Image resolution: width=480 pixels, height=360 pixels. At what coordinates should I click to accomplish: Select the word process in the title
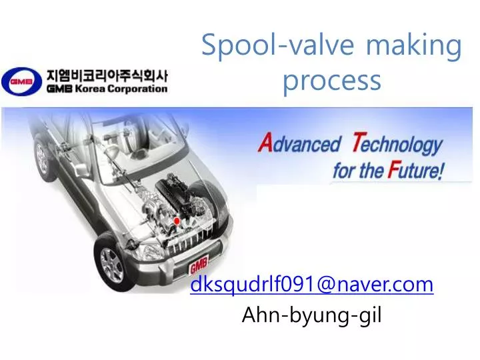(x=331, y=80)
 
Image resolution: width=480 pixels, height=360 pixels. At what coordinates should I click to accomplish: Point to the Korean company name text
(x=107, y=75)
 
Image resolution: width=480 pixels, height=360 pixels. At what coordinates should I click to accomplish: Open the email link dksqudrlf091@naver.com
(x=311, y=285)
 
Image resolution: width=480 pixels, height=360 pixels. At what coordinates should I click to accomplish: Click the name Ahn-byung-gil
(x=311, y=315)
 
